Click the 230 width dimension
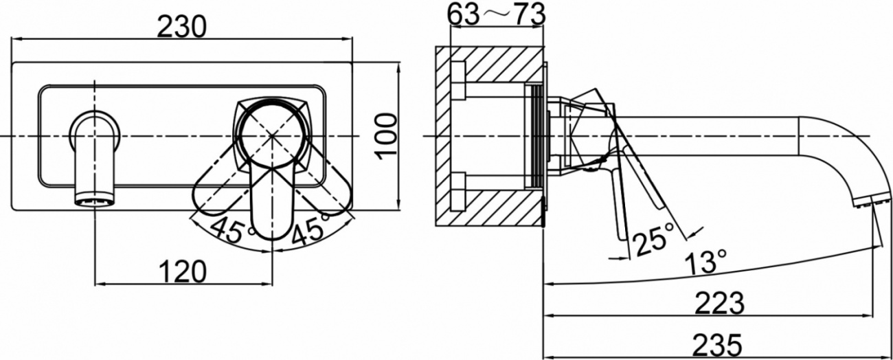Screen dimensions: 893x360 pos(182,27)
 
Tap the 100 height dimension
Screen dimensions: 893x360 pos(387,136)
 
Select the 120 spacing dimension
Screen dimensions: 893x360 pos(183,271)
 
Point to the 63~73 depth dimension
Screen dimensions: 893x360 pos(496,14)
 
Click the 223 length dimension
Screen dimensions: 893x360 pos(720,303)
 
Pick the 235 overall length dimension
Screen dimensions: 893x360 pos(717,346)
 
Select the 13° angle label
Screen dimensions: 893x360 pos(705,262)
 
